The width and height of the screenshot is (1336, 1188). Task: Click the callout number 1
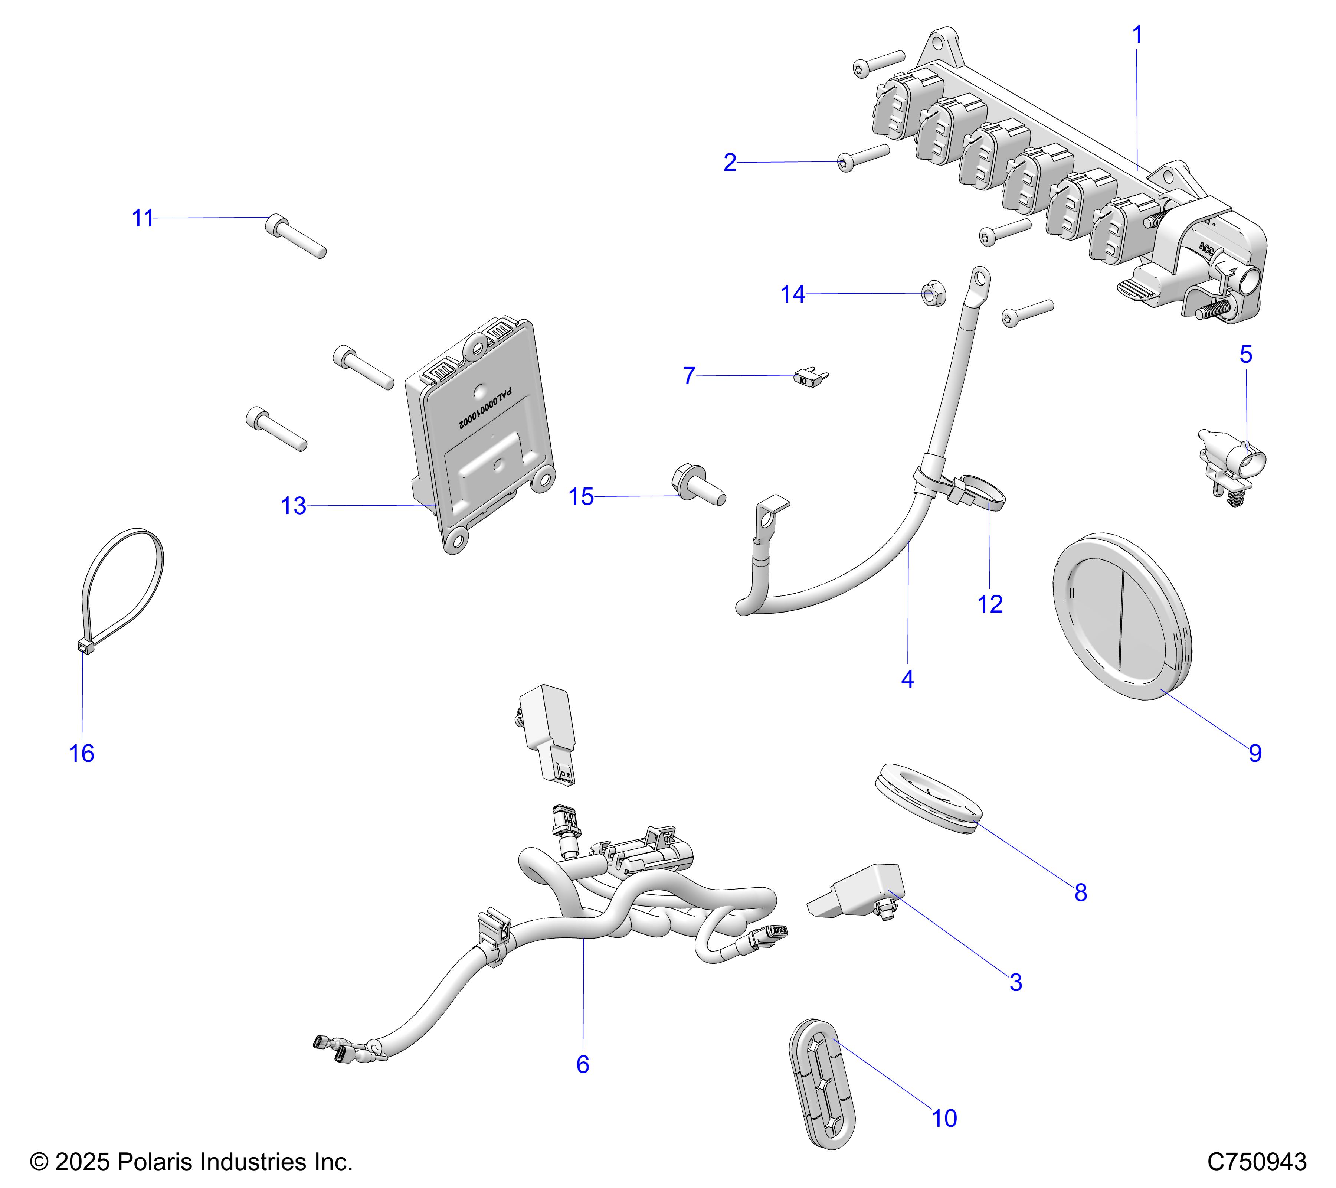(1137, 35)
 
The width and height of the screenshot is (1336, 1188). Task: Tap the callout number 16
(82, 753)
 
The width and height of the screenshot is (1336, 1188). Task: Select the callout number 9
(1255, 753)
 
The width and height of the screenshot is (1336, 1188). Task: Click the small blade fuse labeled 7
(809, 378)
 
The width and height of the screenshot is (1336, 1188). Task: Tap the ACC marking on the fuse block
(1206, 249)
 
